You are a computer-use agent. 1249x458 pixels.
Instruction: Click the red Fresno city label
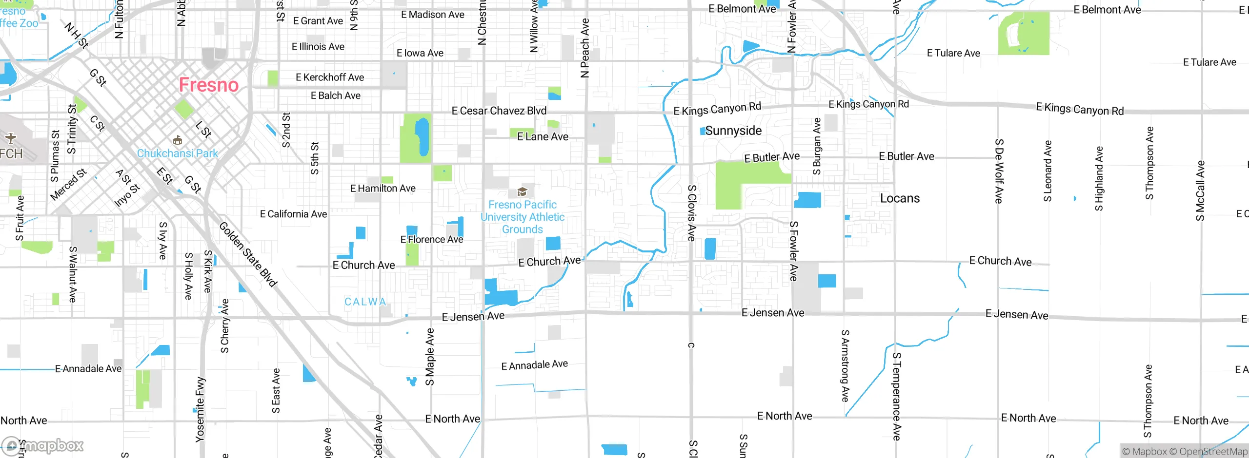click(x=208, y=85)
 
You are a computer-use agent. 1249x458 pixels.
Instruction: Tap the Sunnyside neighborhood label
click(x=733, y=131)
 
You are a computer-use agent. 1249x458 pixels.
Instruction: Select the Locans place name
click(x=900, y=198)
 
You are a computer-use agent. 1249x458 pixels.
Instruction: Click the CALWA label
click(x=365, y=302)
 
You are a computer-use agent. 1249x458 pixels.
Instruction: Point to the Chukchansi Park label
click(x=178, y=153)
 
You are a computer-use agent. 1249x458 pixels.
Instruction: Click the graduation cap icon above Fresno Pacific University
click(x=522, y=191)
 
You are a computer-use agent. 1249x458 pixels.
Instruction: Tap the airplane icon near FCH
click(x=10, y=138)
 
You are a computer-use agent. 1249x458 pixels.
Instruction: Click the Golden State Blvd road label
click(x=248, y=254)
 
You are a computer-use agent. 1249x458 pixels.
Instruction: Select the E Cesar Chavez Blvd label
click(x=499, y=111)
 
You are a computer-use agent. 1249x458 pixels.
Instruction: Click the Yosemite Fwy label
click(x=200, y=409)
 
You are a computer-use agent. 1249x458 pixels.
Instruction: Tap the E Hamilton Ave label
click(x=383, y=189)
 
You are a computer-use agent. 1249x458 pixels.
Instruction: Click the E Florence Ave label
click(x=431, y=240)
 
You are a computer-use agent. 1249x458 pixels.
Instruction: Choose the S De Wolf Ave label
click(x=999, y=171)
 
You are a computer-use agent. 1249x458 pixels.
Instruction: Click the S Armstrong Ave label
click(x=845, y=365)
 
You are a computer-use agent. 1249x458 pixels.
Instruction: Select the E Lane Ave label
click(x=543, y=137)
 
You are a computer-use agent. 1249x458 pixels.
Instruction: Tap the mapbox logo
click(x=43, y=445)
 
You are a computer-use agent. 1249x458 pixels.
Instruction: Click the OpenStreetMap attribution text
click(x=1213, y=452)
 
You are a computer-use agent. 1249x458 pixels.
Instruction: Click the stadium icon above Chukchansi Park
click(x=178, y=141)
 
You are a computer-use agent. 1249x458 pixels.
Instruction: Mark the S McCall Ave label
click(x=1200, y=191)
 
